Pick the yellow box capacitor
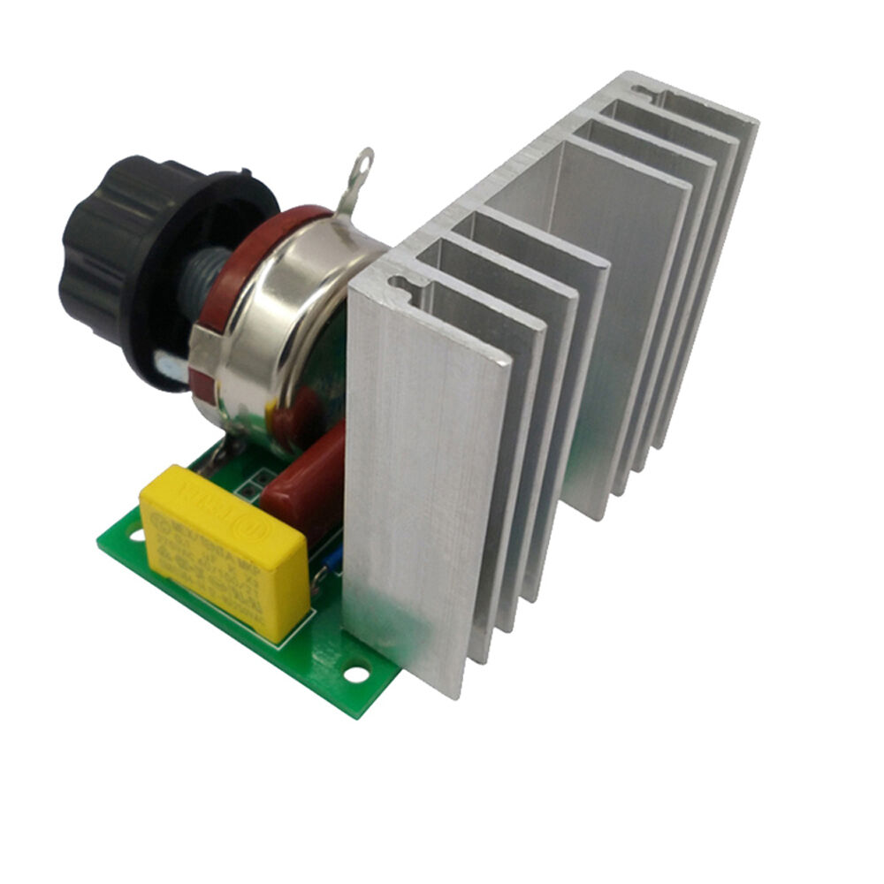click(225, 548)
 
